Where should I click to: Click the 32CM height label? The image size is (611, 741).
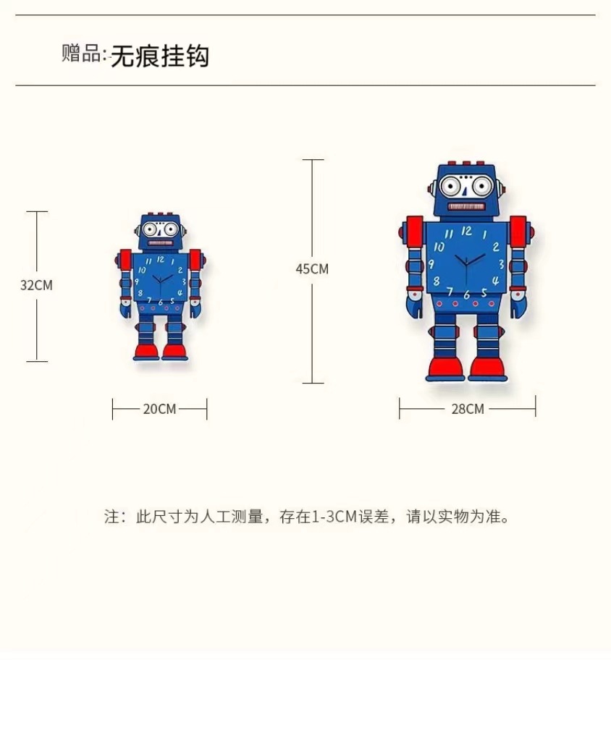[x=36, y=285]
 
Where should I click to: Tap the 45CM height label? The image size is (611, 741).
[x=312, y=268]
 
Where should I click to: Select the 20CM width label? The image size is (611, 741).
[x=159, y=409]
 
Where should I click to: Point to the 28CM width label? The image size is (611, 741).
[x=467, y=409]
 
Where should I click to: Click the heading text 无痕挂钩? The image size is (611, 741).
[x=159, y=56]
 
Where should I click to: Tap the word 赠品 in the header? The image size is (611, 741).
[x=81, y=54]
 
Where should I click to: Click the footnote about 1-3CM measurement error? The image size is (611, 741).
[x=307, y=517]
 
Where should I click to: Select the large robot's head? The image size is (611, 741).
[x=465, y=190]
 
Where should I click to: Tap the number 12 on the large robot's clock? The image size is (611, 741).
[x=466, y=232]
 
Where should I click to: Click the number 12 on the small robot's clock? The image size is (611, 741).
[x=160, y=258]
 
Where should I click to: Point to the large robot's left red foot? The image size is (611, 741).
[x=445, y=368]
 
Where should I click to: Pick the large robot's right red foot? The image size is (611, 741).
[x=489, y=368]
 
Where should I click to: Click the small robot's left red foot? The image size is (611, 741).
[x=147, y=352]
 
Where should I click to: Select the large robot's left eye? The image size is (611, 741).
[x=452, y=187]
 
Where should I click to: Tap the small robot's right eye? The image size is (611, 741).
[x=172, y=231]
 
